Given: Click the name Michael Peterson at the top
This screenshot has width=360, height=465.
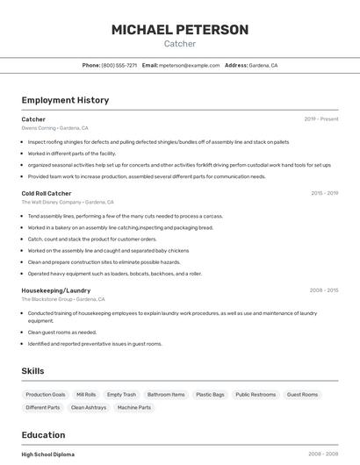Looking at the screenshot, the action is [180, 29].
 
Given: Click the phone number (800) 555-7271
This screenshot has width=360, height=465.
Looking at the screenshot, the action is [119, 66].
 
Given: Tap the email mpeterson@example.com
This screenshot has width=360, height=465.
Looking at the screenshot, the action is [190, 66].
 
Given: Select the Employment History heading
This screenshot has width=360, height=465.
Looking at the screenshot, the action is [65, 100].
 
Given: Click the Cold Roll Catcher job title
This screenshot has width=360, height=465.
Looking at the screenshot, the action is [47, 193].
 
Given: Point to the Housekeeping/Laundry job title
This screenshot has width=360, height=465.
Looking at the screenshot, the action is [56, 290].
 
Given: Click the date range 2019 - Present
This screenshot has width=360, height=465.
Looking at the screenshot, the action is [320, 119].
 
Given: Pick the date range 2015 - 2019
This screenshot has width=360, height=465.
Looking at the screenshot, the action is [324, 193].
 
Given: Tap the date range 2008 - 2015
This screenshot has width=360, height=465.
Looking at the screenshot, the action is [324, 290].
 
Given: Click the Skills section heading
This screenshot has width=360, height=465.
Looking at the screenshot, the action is [33, 371].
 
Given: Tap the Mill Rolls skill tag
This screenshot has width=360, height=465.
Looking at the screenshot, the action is [86, 395].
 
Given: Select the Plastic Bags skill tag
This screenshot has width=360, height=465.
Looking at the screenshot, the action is [210, 395].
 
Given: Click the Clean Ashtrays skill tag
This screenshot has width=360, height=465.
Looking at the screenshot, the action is [89, 407].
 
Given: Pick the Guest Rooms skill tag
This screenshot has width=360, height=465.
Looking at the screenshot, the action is [302, 395].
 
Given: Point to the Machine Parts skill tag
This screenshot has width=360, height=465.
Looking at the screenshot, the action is [134, 407].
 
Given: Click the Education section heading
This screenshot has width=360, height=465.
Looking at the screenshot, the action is [43, 435].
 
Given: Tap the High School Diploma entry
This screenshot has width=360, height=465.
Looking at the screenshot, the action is [48, 454].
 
